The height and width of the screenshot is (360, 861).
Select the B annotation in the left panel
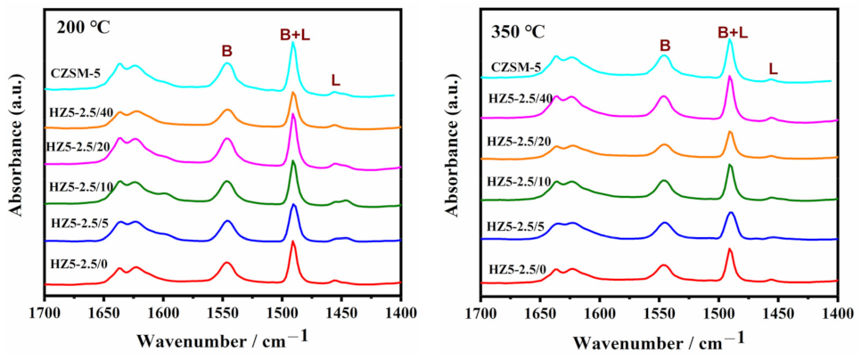coord(226,52)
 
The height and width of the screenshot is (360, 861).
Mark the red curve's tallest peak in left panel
coord(293,241)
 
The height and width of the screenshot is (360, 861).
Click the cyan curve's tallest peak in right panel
coord(730,39)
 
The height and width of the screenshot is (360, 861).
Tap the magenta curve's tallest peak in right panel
coord(730,77)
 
